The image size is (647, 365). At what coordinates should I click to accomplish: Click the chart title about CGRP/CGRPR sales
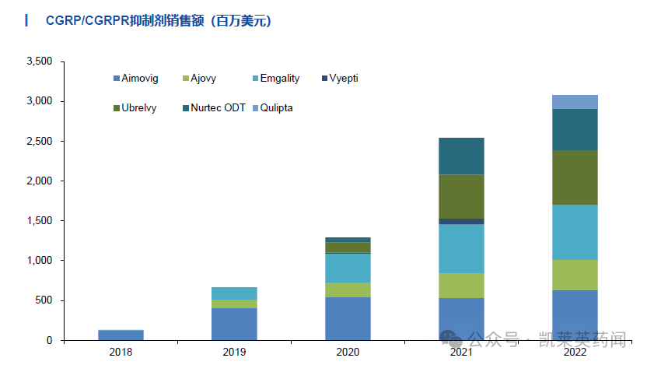point(148,21)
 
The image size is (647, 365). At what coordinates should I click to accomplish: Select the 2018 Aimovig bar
point(121,335)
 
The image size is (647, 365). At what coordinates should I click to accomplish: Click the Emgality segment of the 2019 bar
point(234,293)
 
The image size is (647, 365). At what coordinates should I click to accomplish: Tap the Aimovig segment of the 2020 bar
point(348,318)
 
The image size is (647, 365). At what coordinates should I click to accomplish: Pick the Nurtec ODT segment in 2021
point(461,156)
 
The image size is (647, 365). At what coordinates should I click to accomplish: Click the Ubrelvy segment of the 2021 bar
point(461,196)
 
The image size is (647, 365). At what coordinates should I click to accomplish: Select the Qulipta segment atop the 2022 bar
point(575,102)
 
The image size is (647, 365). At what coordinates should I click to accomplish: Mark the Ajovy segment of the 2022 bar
point(575,275)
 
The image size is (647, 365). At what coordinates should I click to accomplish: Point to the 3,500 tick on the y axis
point(38,61)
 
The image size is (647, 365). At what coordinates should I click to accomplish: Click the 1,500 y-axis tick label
point(38,221)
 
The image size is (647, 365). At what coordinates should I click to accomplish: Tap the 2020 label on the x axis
point(348,353)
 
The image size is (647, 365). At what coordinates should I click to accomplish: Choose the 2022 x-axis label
point(575,353)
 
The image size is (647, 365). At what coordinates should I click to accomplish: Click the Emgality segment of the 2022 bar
point(575,232)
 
